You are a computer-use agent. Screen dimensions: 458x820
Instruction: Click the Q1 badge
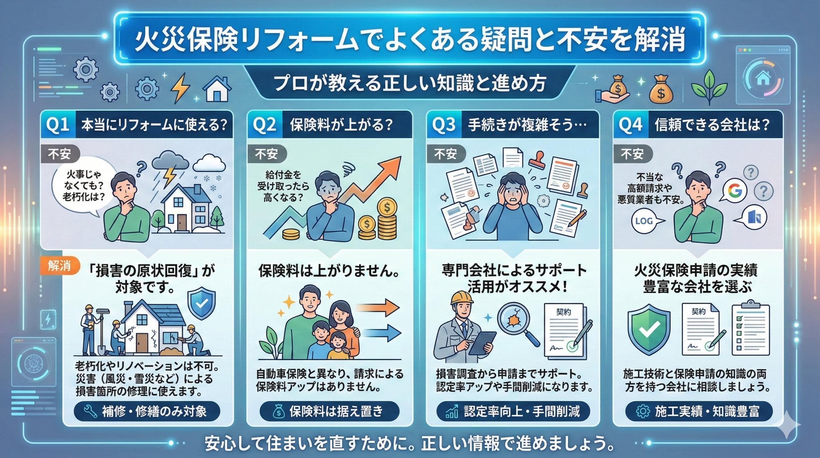coord(58,125)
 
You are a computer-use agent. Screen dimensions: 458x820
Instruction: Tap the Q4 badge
coord(630,125)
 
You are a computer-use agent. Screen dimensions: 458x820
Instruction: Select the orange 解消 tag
coord(60,266)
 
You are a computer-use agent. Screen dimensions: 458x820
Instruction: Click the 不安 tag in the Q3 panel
coord(445,154)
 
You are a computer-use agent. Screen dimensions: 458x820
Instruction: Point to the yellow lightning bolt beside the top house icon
coord(180,88)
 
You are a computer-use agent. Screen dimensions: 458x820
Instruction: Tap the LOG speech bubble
coord(644,221)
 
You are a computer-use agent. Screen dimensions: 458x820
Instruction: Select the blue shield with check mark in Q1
coord(201,303)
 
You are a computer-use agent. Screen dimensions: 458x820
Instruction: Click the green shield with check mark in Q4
coord(649,329)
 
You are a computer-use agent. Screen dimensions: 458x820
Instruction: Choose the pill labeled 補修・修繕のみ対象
coord(147,411)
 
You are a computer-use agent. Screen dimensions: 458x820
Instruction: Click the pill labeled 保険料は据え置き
coord(329,411)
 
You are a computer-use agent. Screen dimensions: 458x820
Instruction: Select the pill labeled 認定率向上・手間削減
coord(513,411)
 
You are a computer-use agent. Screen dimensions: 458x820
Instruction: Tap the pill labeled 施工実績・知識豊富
coord(699,411)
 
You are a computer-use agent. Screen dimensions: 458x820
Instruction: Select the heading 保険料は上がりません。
coord(329,271)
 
